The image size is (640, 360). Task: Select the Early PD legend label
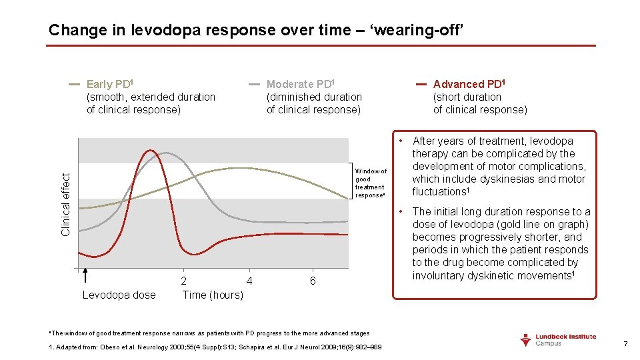(111, 84)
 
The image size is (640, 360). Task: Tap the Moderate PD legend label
(300, 84)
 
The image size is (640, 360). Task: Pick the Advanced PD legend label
(469, 84)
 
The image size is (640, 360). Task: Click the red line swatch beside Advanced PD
(422, 85)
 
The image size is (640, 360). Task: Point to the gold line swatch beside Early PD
(74, 85)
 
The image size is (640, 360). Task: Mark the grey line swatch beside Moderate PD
(255, 85)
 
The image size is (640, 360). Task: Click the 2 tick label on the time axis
(184, 281)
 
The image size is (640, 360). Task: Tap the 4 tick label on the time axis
(249, 281)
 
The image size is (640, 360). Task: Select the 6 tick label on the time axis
(313, 281)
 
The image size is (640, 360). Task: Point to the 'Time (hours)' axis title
(213, 295)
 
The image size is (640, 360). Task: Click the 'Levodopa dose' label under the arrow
(119, 295)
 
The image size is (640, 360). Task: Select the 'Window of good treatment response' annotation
(371, 183)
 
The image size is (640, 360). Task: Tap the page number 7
(625, 343)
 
